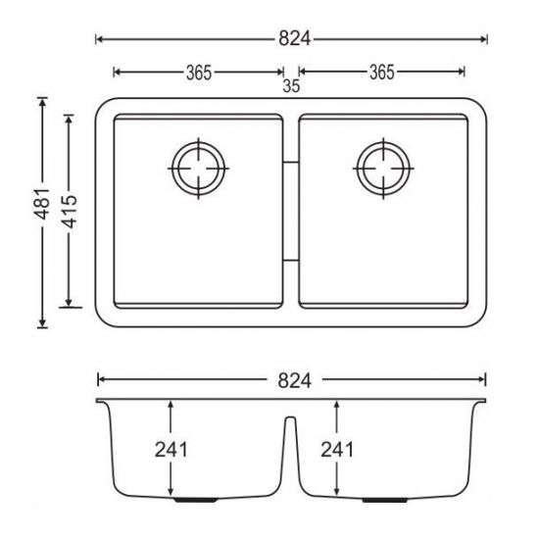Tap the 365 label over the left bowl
[x=199, y=72]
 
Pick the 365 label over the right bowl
[x=381, y=72]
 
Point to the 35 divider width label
[x=291, y=86]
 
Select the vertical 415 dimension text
[x=69, y=212]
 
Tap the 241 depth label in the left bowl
[x=171, y=450]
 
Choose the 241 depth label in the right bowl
[x=337, y=450]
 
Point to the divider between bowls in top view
[x=291, y=211]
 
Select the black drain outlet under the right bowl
[x=374, y=500]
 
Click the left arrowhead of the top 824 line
[x=98, y=39]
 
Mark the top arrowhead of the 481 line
[x=42, y=101]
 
